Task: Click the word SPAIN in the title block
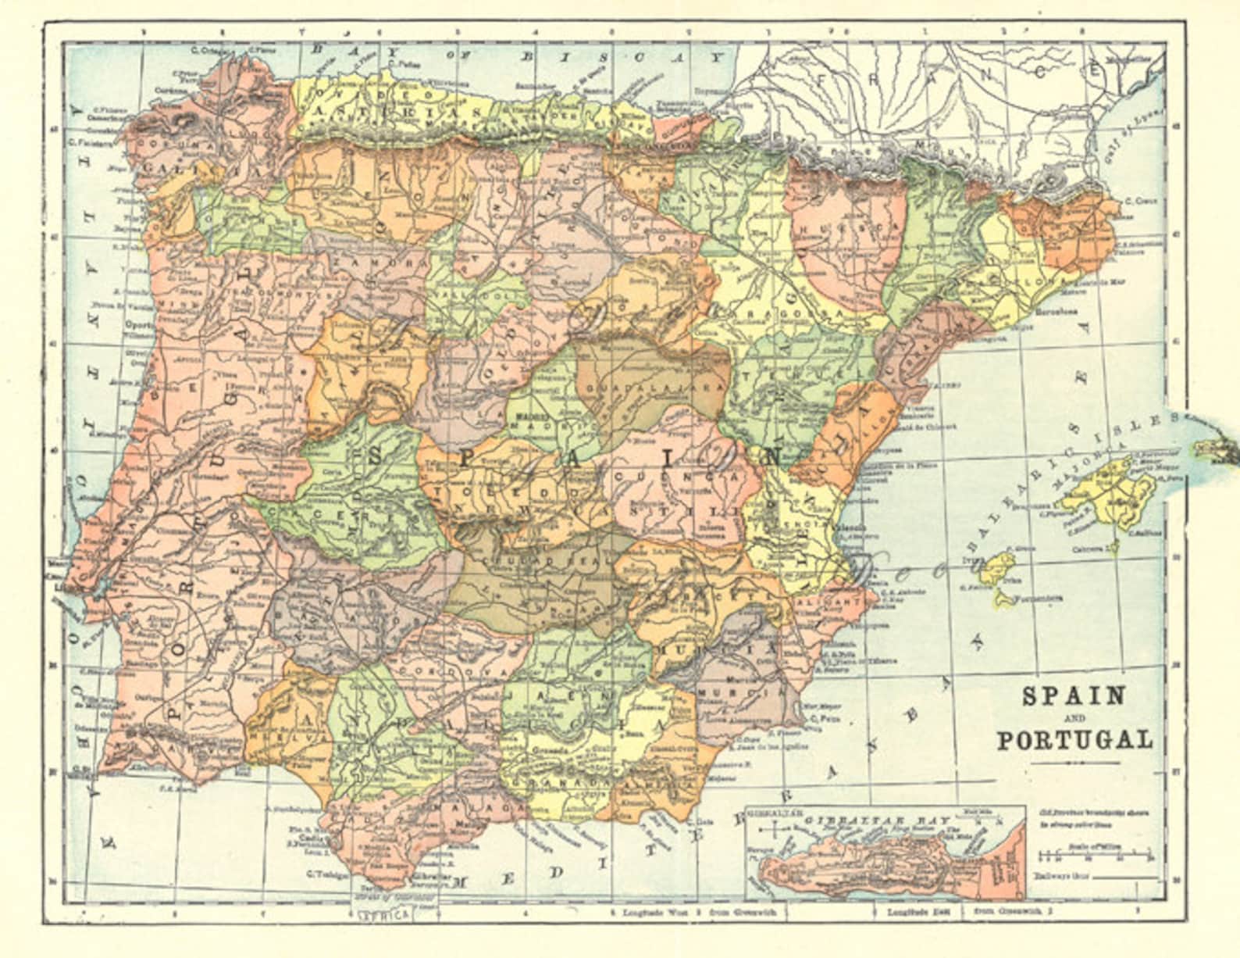pyautogui.click(x=1074, y=695)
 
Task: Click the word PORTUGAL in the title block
pyautogui.click(x=1074, y=739)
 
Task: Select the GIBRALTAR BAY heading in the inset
pyautogui.click(x=883, y=820)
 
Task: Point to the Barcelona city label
pyautogui.click(x=1056, y=311)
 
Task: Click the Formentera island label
pyautogui.click(x=1038, y=599)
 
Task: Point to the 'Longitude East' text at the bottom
pyautogui.click(x=914, y=911)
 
